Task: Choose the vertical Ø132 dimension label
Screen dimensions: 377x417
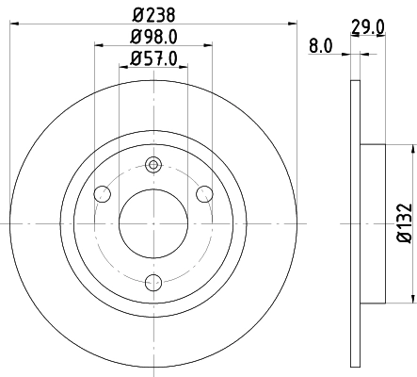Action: pos(403,223)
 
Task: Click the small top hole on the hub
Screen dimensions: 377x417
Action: pos(153,166)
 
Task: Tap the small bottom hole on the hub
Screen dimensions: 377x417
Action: pos(153,280)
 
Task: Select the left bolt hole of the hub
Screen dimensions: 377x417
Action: pos(103,194)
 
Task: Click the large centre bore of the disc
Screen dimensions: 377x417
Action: pos(153,223)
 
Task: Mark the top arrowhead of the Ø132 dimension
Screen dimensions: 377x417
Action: pos(412,147)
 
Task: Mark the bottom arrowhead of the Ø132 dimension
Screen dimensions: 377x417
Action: pos(412,300)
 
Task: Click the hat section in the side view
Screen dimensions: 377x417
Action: pos(373,223)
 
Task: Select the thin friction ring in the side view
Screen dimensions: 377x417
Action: pos(355,223)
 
